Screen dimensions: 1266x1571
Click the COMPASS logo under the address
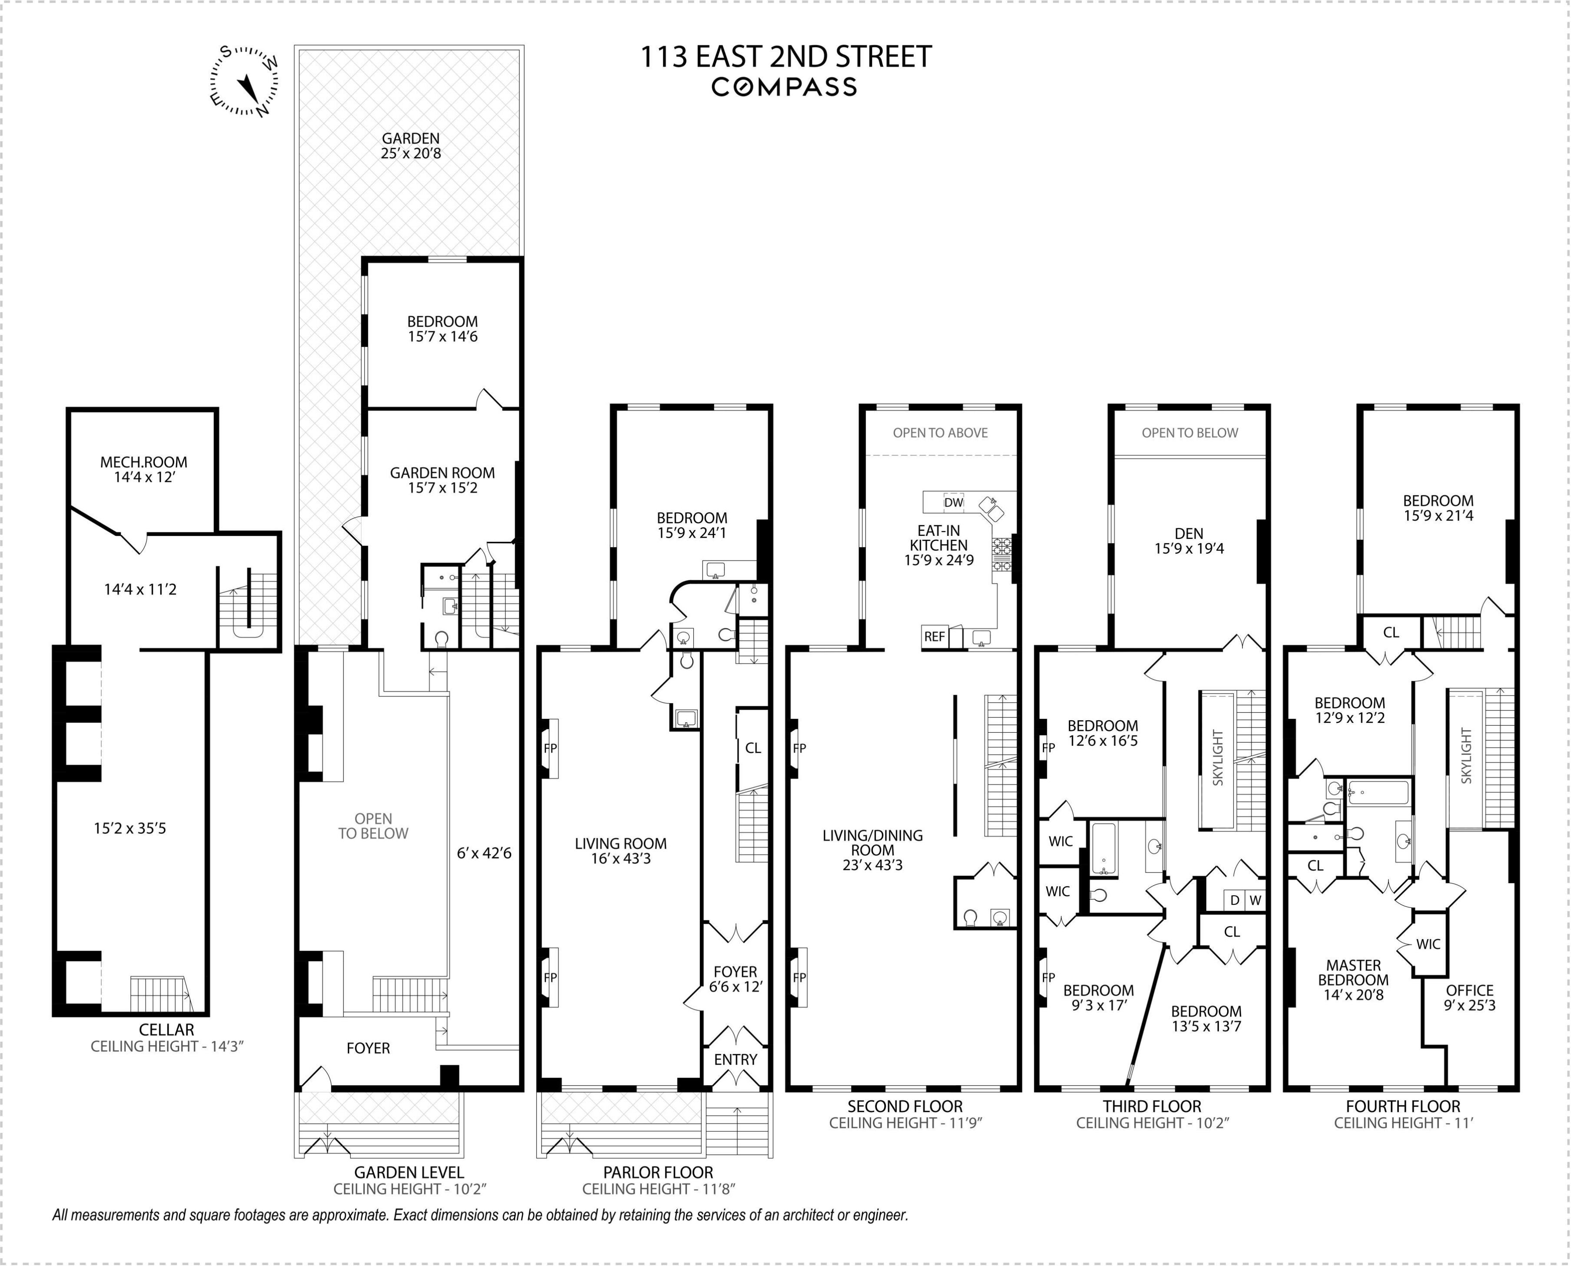(x=784, y=87)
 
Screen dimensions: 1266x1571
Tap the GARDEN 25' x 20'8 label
(x=411, y=145)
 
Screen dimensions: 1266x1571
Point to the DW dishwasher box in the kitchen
(x=953, y=502)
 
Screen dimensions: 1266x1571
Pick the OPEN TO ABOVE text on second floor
(x=940, y=432)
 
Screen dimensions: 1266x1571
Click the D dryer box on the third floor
(x=1234, y=900)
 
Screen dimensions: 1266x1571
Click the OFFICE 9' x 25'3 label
(x=1470, y=997)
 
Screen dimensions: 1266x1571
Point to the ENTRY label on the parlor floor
(x=735, y=1059)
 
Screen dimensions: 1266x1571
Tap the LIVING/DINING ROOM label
(x=872, y=850)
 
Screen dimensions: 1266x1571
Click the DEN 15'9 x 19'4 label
(x=1189, y=541)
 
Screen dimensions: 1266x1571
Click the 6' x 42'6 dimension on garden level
(x=484, y=853)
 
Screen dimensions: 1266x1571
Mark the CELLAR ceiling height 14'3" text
(x=166, y=1046)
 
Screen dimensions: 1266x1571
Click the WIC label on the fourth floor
(x=1428, y=944)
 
